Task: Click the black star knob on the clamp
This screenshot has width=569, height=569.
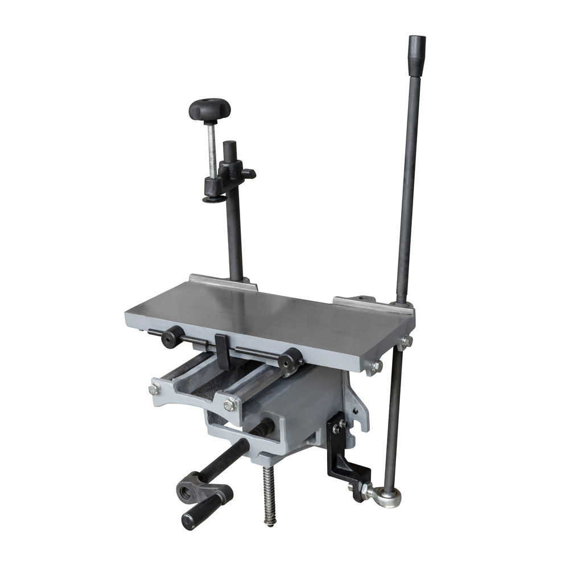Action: tap(209, 108)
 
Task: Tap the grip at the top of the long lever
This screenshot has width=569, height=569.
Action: tap(417, 55)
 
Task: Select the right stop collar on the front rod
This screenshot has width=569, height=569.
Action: tap(290, 359)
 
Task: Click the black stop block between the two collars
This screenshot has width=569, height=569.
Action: tap(222, 350)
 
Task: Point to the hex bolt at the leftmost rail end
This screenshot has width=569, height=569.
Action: tap(154, 390)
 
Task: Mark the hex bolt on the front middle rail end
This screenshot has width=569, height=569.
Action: tap(230, 405)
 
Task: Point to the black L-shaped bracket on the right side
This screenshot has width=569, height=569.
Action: tap(347, 455)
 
